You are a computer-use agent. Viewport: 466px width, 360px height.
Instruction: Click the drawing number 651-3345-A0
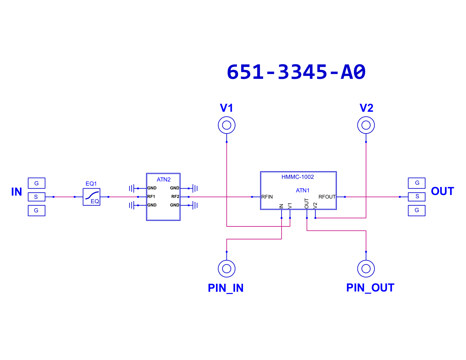tap(296, 72)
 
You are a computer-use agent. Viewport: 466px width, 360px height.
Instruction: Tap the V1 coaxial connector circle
tap(227, 117)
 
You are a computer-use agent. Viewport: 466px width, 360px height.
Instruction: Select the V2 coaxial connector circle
tap(366, 117)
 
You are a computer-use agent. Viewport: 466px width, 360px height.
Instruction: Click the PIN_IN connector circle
tap(227, 260)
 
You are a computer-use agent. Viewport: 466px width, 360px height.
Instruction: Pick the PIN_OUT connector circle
tap(366, 260)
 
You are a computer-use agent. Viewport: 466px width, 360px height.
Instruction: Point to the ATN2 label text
tap(163, 179)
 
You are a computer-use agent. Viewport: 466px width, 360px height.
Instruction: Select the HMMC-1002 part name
tap(297, 177)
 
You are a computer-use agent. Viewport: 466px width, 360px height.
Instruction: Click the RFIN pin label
tap(267, 197)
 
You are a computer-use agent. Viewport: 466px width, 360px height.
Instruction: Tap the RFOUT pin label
tap(327, 197)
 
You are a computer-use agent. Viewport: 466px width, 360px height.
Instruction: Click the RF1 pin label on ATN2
tap(151, 196)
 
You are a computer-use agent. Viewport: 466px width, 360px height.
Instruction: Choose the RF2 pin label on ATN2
tap(175, 196)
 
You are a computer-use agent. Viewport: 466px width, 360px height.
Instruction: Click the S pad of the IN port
tap(36, 197)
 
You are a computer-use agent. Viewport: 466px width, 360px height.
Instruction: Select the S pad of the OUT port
tap(417, 196)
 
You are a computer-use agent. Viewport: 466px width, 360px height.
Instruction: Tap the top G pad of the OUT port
tap(417, 183)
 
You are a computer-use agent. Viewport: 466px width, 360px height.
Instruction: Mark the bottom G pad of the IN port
tap(36, 211)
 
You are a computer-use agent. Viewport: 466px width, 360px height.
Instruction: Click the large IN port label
tap(16, 192)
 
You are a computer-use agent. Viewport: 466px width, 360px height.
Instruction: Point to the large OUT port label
tap(442, 191)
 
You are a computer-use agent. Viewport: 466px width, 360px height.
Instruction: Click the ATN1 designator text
tap(303, 190)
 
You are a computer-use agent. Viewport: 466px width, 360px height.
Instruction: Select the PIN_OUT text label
tap(370, 288)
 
